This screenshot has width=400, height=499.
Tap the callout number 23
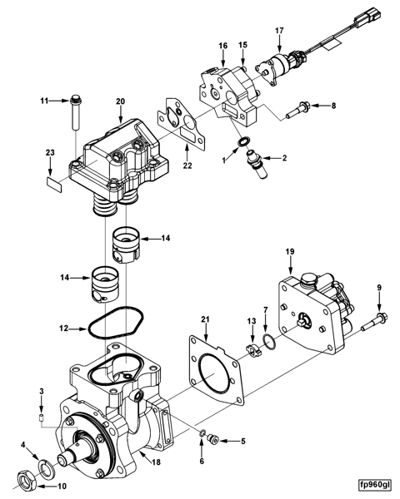pyautogui.click(x=49, y=153)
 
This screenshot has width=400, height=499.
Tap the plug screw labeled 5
pyautogui.click(x=213, y=440)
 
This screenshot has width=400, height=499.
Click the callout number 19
pyautogui.click(x=289, y=250)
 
